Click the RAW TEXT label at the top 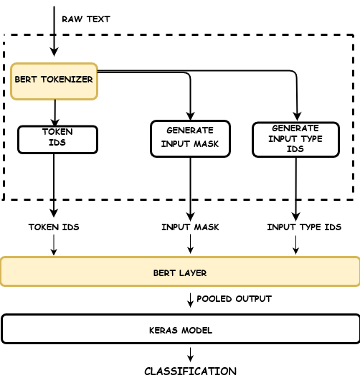point(85,19)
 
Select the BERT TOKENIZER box point(54,80)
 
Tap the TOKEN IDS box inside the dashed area point(57,139)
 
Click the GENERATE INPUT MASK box point(190,138)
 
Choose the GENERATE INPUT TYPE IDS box point(295,139)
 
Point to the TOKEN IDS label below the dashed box point(54,227)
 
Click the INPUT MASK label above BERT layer point(190,227)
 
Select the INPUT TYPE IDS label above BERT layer point(304,227)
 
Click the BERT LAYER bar point(180,272)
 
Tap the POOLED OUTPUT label point(234,298)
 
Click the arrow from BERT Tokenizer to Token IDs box point(55,113)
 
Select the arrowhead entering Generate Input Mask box point(190,115)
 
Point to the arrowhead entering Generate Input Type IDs point(296,117)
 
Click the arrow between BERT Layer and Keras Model point(190,300)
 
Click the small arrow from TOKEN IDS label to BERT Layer point(54,245)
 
